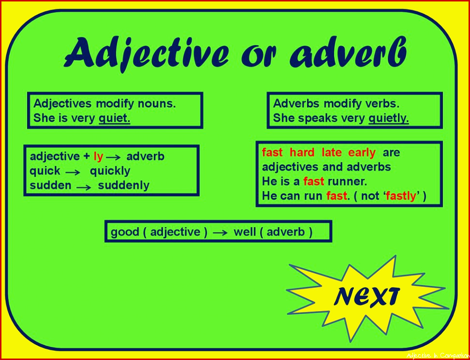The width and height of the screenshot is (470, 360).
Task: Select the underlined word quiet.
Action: coord(115,118)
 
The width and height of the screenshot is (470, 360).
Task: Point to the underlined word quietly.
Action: coord(389,118)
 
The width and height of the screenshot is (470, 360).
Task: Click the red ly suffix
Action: coord(98,157)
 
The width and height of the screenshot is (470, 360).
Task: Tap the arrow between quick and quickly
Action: coord(73,172)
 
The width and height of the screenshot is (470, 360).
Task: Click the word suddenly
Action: coord(123,186)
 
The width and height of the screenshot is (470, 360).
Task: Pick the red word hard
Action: coord(302,153)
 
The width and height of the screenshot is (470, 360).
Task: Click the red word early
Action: coord(362,153)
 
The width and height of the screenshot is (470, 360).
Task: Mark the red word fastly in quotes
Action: coord(401,196)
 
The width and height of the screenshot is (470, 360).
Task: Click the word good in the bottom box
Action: coord(125,232)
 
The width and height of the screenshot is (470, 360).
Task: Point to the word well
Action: coord(245,232)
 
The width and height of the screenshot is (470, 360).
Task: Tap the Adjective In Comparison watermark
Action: coord(438,356)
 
